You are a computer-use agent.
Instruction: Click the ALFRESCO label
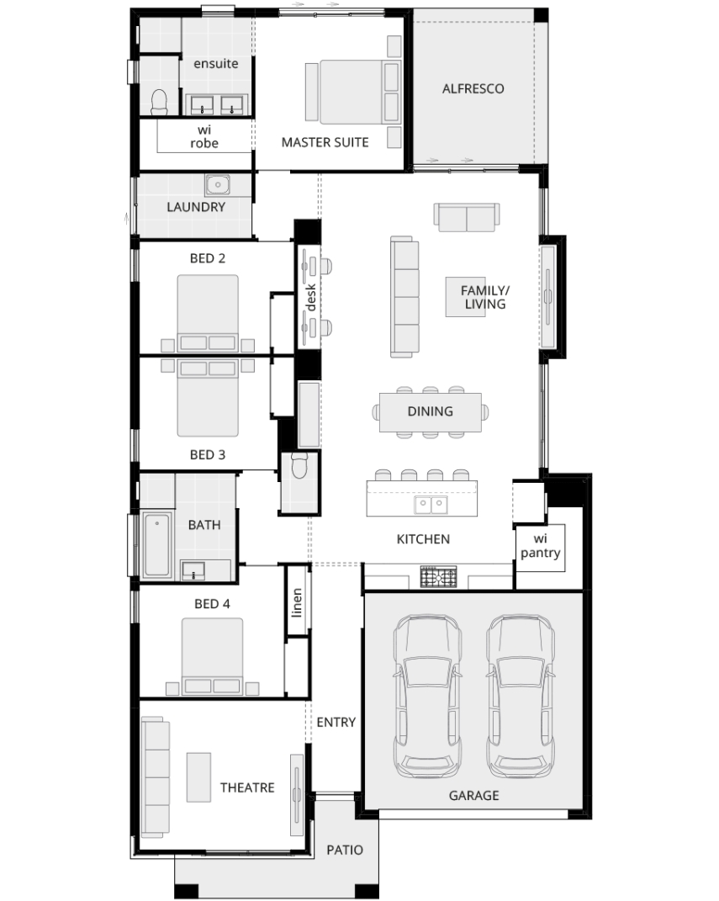[x=473, y=88]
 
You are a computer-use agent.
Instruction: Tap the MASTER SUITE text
[x=325, y=142]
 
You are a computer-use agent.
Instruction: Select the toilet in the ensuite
[x=159, y=102]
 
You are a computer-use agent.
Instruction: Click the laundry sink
[x=218, y=185]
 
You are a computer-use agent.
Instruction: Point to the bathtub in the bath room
[x=156, y=544]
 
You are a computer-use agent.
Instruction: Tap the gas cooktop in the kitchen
[x=438, y=576]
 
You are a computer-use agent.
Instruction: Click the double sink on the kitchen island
[x=431, y=506]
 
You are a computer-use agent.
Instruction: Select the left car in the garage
[x=427, y=697]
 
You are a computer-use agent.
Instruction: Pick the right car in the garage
[x=521, y=697]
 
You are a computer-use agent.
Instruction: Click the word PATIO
[x=345, y=850]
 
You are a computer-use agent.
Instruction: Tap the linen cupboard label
[x=296, y=602]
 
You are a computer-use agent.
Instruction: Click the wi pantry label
[x=540, y=546]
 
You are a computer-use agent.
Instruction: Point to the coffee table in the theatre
[x=198, y=776]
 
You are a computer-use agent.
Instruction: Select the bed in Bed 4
[x=212, y=656]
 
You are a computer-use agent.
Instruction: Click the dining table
[x=430, y=411]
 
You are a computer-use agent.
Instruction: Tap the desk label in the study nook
[x=310, y=297]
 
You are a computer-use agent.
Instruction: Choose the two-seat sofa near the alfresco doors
[x=467, y=217]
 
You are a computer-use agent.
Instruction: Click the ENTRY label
[x=336, y=723]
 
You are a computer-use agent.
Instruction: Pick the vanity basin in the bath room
[x=193, y=570]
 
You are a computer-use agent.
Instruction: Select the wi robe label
[x=204, y=137]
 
